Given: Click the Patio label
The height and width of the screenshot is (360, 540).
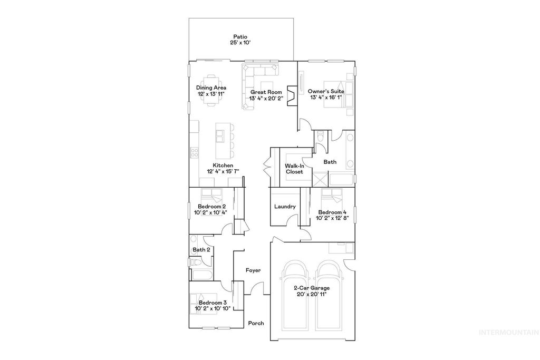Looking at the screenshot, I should pyautogui.click(x=240, y=37).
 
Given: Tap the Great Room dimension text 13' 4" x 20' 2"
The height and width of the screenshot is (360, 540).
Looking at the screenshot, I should pyautogui.click(x=266, y=98).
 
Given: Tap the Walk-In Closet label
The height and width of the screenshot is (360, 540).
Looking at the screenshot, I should pyautogui.click(x=294, y=169).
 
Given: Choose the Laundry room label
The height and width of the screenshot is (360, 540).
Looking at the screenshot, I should pyautogui.click(x=285, y=207).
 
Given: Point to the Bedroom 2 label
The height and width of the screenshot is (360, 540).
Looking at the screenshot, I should pyautogui.click(x=212, y=207).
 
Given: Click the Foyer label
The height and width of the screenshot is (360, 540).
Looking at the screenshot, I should pyautogui.click(x=254, y=270).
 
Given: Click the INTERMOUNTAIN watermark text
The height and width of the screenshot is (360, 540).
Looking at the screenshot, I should pyautogui.click(x=507, y=333).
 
